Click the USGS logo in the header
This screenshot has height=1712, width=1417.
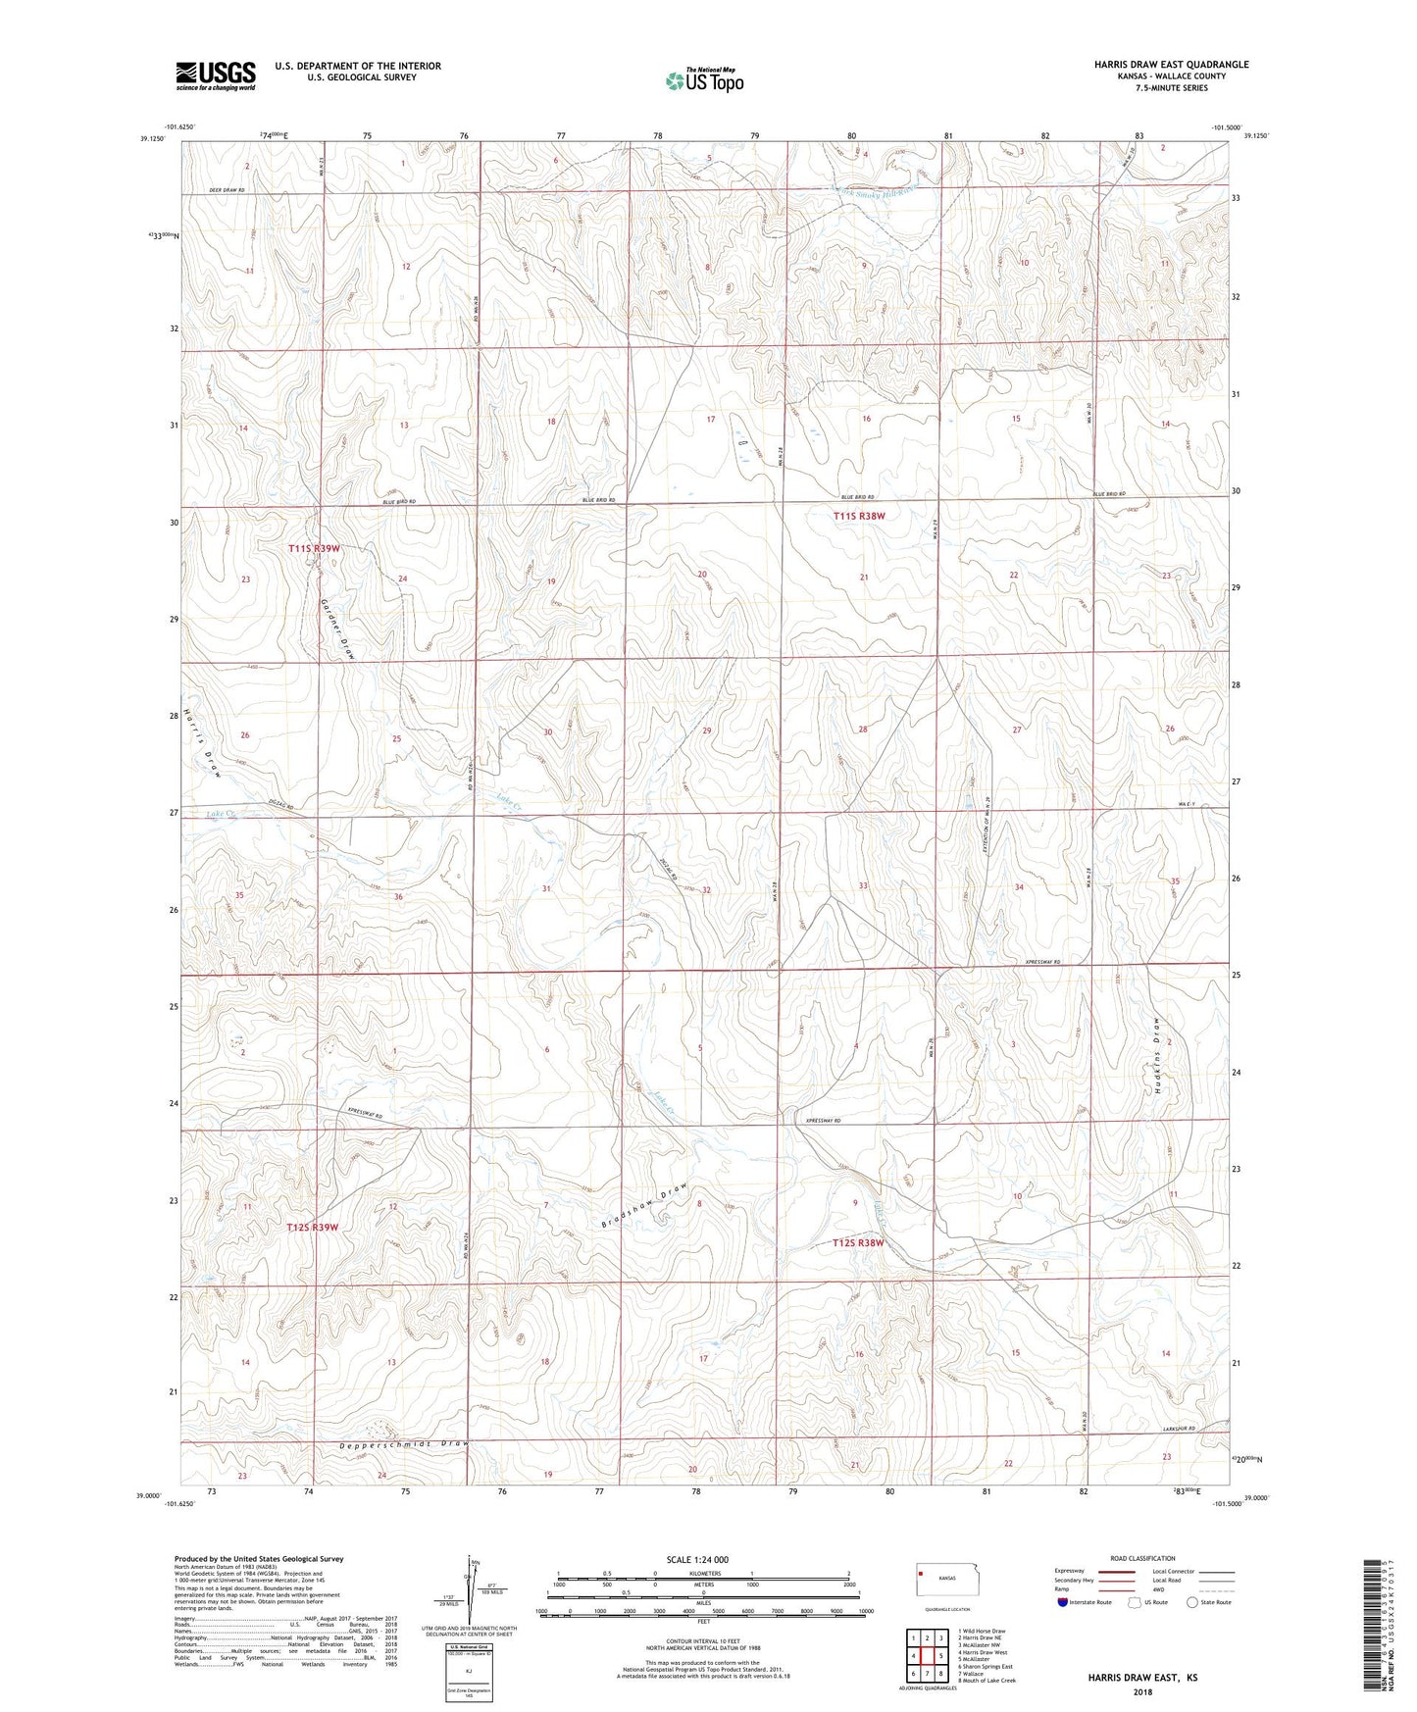pos(215,75)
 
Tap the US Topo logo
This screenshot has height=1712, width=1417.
pos(703,80)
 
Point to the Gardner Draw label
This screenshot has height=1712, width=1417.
pos(335,629)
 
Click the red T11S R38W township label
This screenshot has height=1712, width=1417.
pos(859,516)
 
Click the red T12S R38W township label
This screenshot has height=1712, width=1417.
pos(858,1243)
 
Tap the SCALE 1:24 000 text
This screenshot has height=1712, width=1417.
pos(696,1559)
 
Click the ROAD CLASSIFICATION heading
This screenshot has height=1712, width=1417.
pos(1141,1558)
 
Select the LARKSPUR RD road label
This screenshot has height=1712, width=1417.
pos(1176,1429)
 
